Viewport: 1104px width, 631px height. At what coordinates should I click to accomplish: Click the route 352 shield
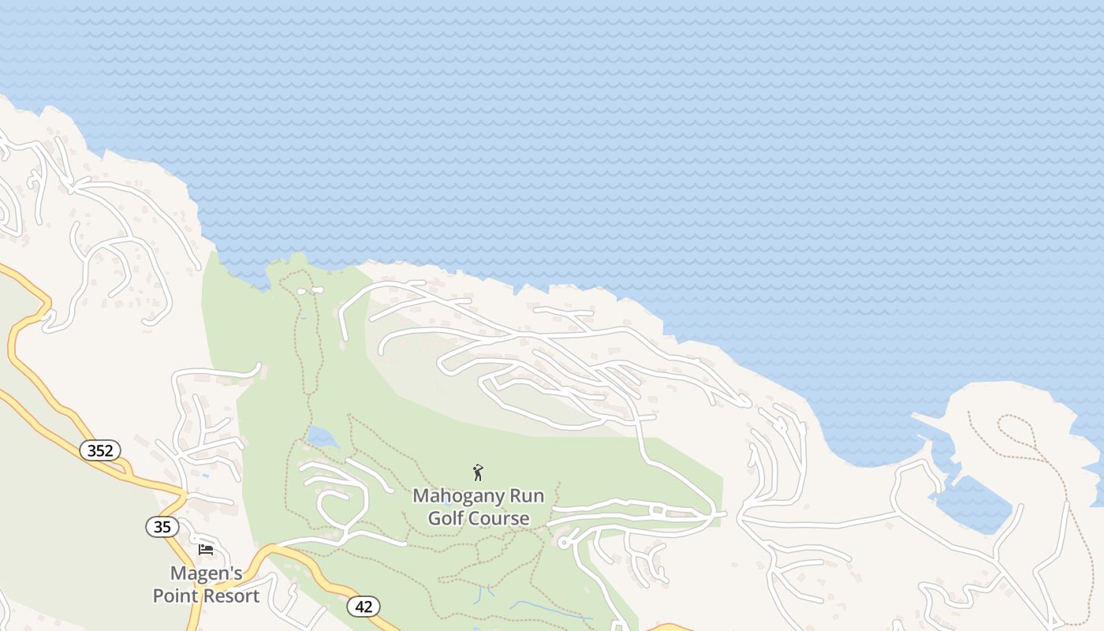(100, 450)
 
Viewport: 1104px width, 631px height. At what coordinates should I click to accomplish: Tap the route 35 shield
(162, 527)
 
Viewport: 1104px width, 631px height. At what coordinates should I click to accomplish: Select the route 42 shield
(363, 607)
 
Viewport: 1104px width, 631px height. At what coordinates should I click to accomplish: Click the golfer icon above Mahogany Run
(477, 472)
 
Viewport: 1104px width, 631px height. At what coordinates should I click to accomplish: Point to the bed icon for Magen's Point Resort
(206, 549)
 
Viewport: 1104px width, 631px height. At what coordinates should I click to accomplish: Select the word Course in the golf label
(500, 518)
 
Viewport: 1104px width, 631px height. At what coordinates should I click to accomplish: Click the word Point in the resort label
(173, 596)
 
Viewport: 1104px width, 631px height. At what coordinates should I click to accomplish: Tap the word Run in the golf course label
(527, 496)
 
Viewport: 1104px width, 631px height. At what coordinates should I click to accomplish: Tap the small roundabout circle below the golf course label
(563, 543)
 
